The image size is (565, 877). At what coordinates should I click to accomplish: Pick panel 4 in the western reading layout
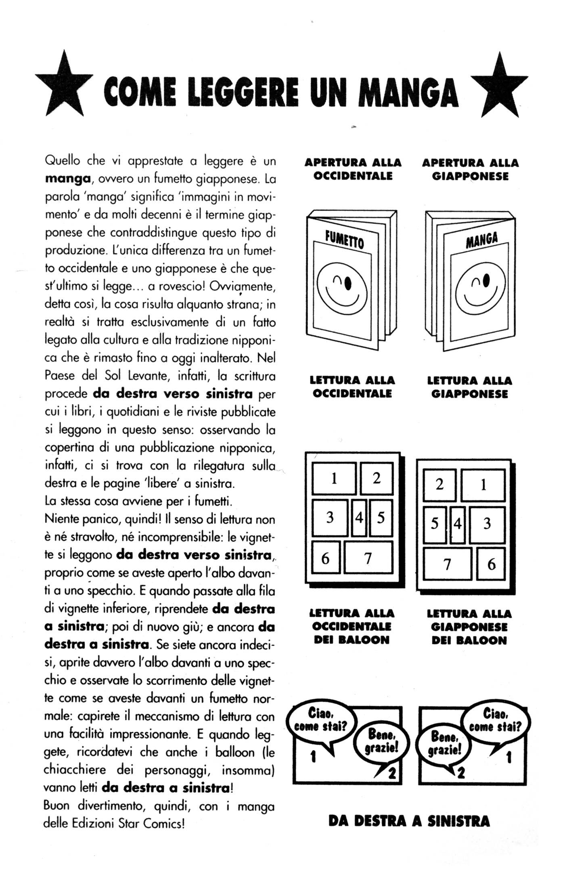pos(359,517)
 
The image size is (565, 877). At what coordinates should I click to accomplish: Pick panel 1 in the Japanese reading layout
pos(483,484)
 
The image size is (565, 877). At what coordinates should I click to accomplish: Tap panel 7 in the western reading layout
pos(368,558)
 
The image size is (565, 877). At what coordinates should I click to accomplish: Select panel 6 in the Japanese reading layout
pos(491,564)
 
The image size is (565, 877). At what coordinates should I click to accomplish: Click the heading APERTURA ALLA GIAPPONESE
pos(470,170)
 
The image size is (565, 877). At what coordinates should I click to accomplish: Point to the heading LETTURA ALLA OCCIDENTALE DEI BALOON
pos(352,627)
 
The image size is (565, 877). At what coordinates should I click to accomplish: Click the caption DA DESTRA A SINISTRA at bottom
pos(409,821)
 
